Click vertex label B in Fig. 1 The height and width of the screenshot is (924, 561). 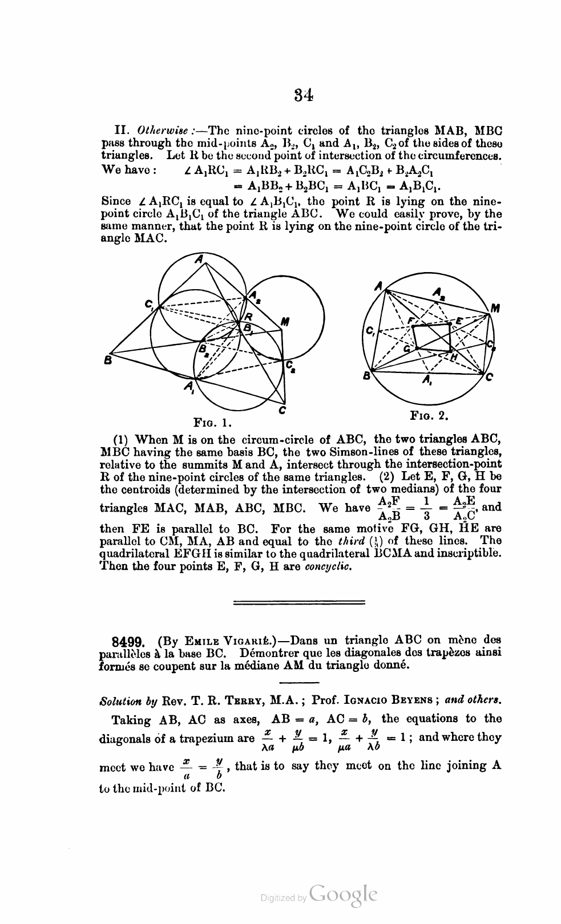coord(107,360)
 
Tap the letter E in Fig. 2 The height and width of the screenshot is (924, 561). coord(458,321)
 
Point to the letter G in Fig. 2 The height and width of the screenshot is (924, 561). coord(407,348)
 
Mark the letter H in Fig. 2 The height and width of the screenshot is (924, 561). coord(454,356)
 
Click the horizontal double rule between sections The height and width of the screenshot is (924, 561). coord(300,602)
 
